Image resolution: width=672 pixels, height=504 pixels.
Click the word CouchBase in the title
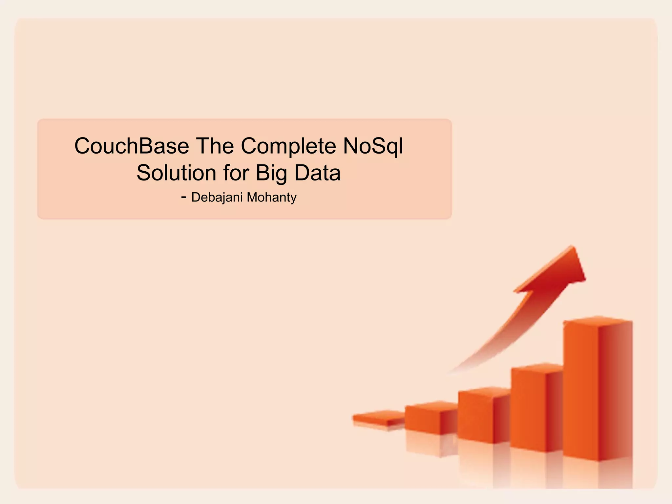pos(131,146)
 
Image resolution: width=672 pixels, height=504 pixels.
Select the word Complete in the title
pos(288,147)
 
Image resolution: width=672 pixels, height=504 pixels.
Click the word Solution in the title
pos(176,173)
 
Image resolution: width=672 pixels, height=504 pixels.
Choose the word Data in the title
pos(317,173)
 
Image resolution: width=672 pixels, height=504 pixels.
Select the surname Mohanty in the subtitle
pos(272,198)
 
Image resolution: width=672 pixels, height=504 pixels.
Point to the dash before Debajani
pos(184,197)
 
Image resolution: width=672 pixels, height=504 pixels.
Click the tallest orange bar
pos(597,390)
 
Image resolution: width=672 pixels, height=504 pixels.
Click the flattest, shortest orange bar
pos(379,418)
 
